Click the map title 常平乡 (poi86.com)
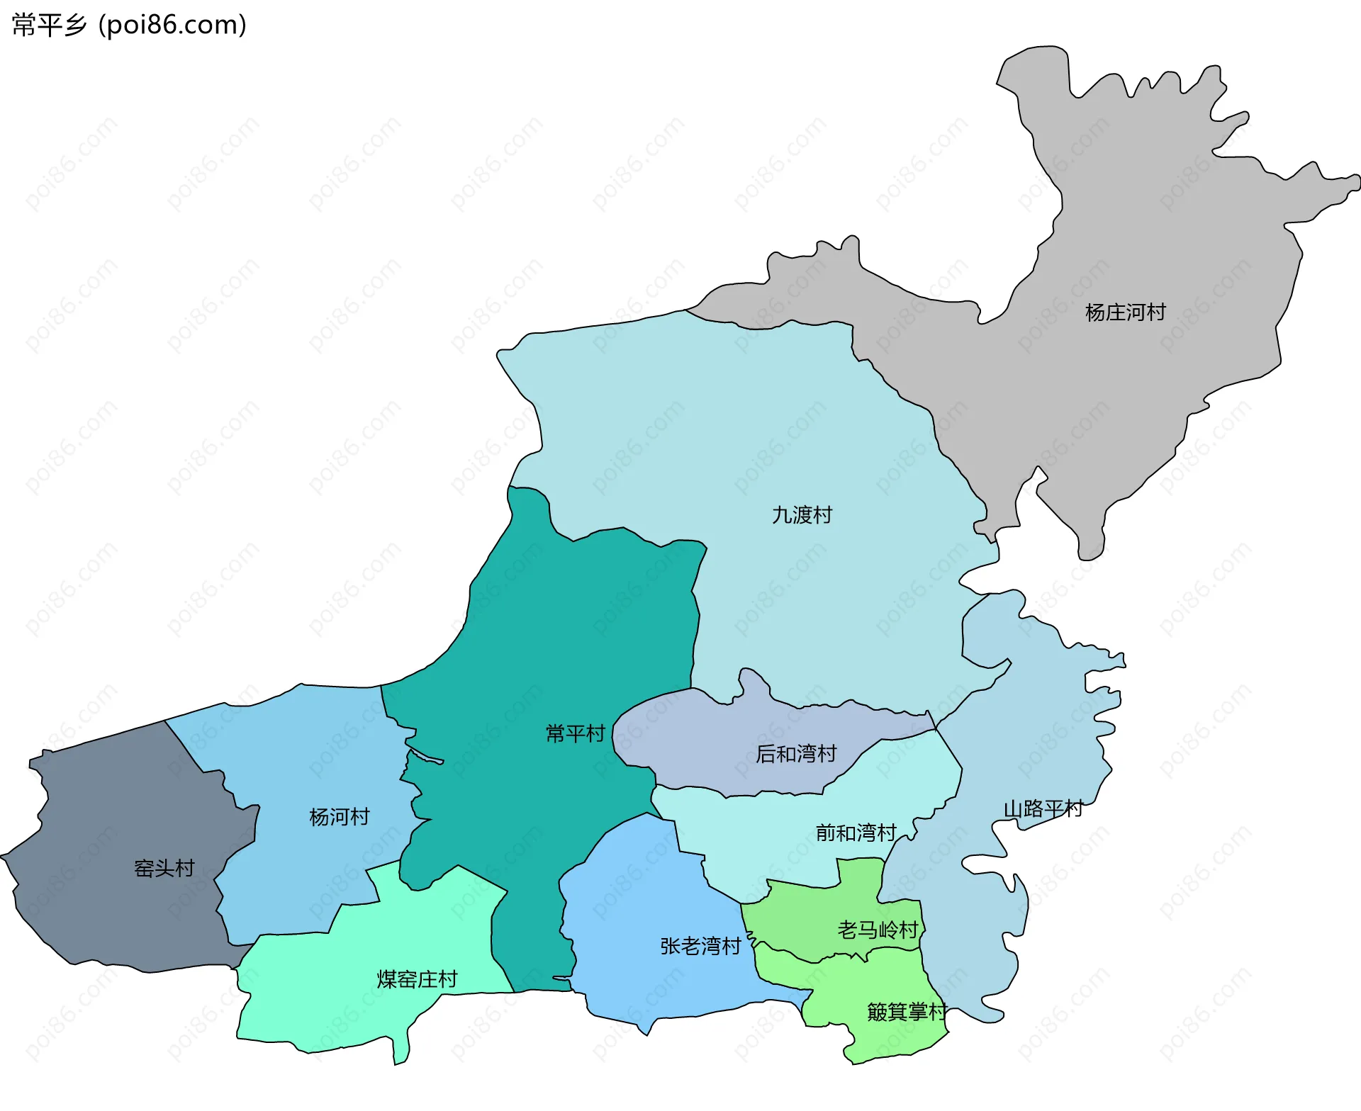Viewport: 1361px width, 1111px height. (x=129, y=25)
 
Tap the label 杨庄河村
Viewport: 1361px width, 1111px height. (x=1125, y=312)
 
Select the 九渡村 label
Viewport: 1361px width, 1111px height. (x=802, y=515)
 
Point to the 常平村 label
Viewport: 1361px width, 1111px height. (x=575, y=733)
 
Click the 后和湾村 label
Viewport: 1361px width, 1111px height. (x=796, y=754)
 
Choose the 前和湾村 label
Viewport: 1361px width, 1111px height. (x=856, y=833)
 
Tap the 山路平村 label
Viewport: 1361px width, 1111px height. (x=1043, y=809)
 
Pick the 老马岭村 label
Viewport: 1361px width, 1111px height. (x=878, y=930)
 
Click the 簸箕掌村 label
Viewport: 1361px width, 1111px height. (x=907, y=1012)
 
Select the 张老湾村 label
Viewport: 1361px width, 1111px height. (x=700, y=946)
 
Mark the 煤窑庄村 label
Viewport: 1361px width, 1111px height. (x=417, y=979)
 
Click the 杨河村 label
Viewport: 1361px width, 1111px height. (x=339, y=817)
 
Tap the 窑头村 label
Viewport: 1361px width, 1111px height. (x=164, y=868)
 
